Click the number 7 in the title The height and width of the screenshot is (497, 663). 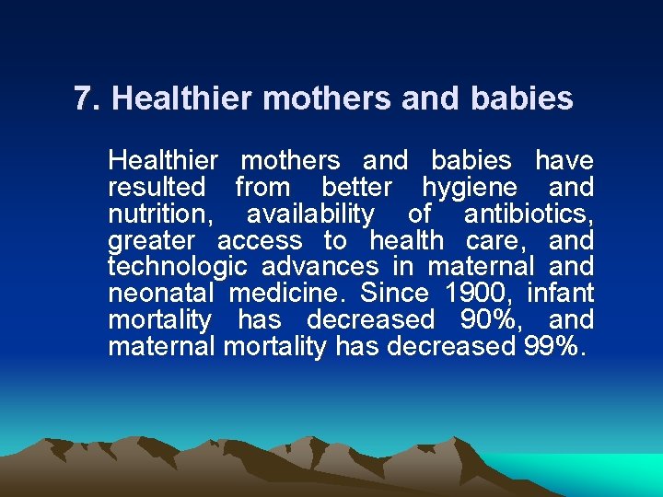point(85,98)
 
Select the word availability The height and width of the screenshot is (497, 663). point(310,214)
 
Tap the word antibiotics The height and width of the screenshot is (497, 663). point(528,214)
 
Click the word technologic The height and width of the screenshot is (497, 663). point(178,268)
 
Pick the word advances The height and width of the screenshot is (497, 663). point(320,268)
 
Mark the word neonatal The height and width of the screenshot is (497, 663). point(161,294)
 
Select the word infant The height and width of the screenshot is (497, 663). point(561,294)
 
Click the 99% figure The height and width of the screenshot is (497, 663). point(552,347)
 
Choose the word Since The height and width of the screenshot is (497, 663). point(394,294)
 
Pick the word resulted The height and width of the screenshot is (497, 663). point(157,188)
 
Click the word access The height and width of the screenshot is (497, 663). point(260,241)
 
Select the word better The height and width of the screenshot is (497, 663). point(356,188)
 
